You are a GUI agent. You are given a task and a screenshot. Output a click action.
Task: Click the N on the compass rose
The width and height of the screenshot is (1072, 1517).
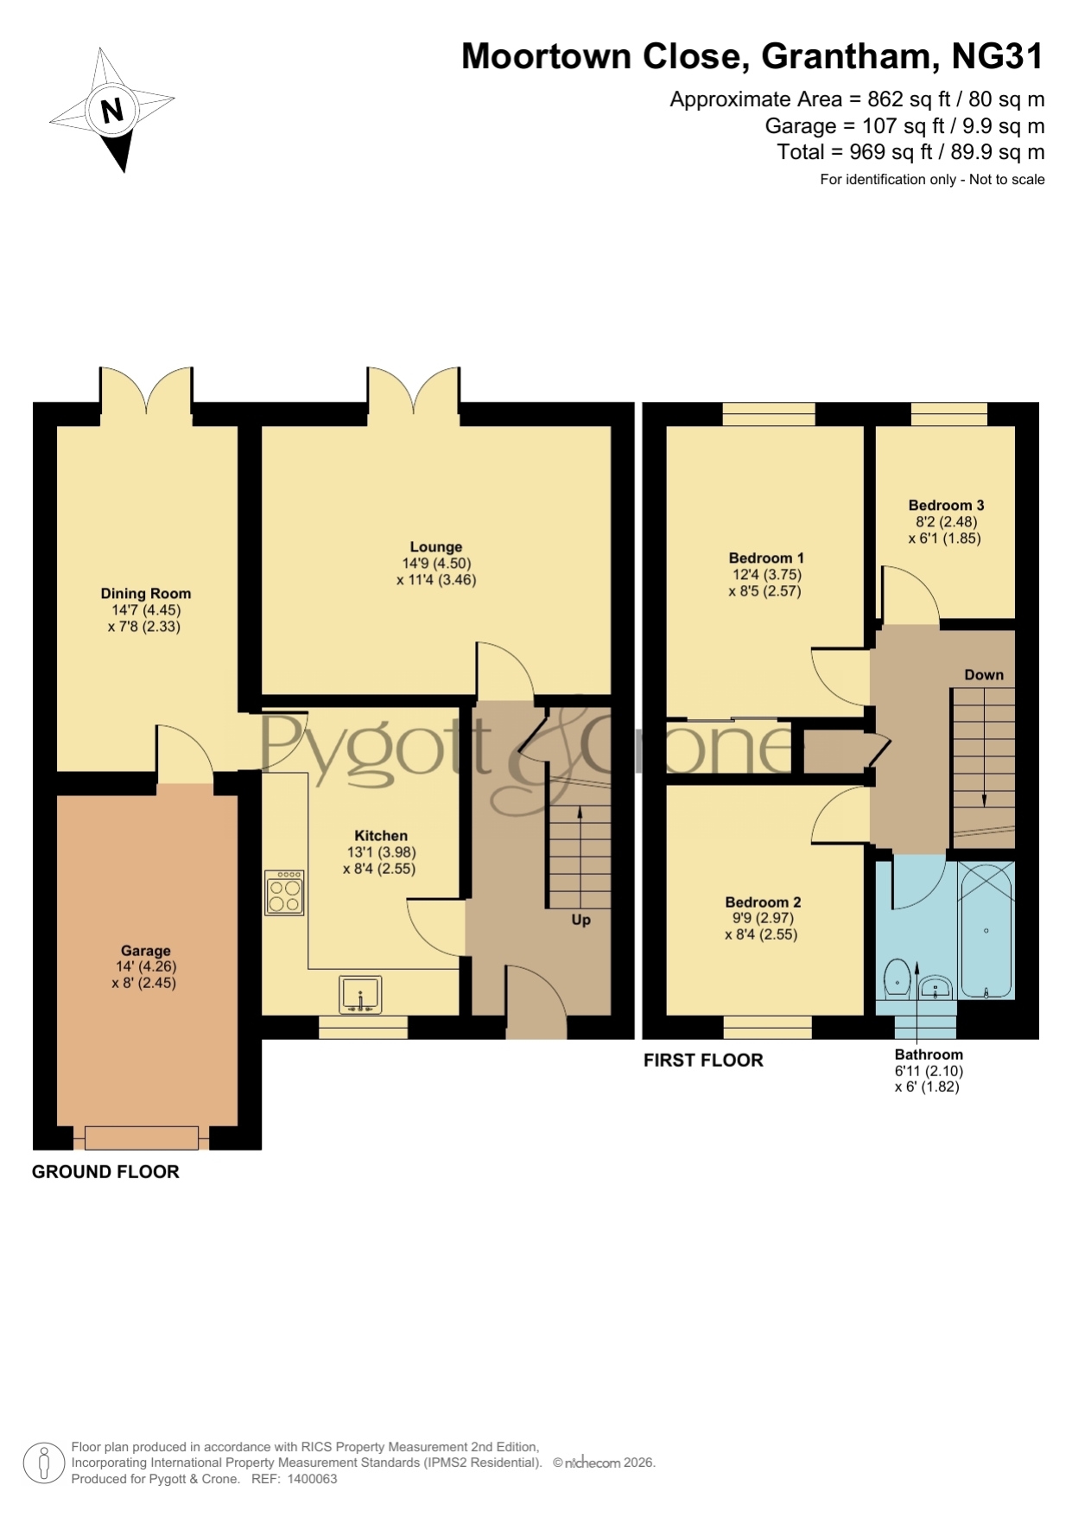click(112, 111)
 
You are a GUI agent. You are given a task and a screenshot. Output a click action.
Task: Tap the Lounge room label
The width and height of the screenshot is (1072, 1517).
click(436, 547)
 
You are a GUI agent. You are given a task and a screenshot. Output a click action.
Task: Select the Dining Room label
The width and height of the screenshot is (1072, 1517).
click(146, 594)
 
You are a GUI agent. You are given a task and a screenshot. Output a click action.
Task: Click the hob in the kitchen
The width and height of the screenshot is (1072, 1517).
click(284, 892)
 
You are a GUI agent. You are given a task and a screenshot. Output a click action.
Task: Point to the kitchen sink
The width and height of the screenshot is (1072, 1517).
click(360, 994)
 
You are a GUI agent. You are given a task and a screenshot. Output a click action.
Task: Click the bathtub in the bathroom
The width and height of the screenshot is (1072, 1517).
click(986, 930)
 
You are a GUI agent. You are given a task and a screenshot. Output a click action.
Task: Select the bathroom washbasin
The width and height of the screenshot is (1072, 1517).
click(936, 987)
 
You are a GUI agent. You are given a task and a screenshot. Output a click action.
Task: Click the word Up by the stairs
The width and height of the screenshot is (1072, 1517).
click(581, 920)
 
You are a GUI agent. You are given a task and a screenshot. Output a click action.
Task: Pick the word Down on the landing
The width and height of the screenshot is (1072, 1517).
click(984, 675)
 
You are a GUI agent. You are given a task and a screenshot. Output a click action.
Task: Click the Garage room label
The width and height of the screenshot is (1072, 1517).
click(145, 951)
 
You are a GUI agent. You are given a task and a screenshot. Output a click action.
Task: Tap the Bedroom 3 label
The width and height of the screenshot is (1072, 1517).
click(946, 506)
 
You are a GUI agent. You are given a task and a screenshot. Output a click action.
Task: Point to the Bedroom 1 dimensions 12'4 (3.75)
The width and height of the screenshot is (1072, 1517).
click(767, 575)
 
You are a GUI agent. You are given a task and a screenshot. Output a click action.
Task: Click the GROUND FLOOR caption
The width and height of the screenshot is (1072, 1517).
click(105, 1172)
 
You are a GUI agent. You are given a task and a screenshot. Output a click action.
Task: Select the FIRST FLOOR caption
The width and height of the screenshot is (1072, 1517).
click(703, 1061)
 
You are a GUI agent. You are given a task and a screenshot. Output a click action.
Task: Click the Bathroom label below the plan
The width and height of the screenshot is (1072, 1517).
click(929, 1055)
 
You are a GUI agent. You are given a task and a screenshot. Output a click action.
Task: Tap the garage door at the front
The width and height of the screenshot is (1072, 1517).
click(143, 1138)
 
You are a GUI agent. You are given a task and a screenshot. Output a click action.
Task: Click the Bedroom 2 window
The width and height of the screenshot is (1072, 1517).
click(768, 1027)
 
